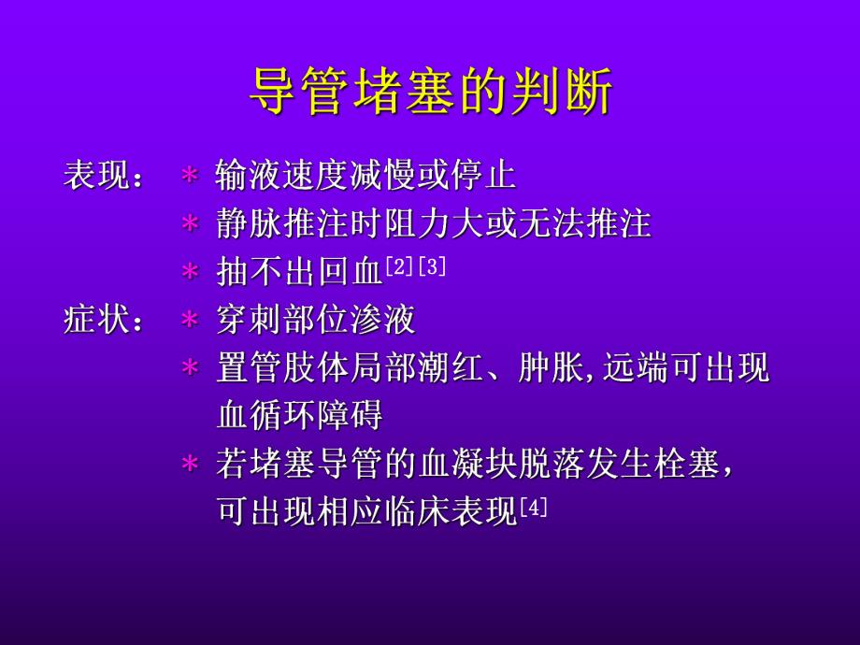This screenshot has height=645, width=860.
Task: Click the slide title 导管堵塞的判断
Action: tap(430, 93)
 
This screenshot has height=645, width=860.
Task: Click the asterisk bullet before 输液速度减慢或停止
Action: tap(190, 177)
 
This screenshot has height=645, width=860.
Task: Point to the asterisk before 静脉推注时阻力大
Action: tap(190, 225)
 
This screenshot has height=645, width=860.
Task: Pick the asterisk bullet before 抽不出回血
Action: tap(190, 273)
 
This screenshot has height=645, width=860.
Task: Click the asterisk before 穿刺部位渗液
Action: tap(190, 321)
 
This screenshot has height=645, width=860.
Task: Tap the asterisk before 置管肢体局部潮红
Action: tap(190, 368)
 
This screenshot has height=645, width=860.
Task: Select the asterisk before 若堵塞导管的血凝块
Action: tap(190, 465)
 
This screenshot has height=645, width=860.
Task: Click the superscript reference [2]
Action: tap(399, 266)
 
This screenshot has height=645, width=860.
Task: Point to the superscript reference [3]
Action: tap(431, 266)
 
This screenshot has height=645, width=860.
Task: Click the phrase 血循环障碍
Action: tap(299, 416)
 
